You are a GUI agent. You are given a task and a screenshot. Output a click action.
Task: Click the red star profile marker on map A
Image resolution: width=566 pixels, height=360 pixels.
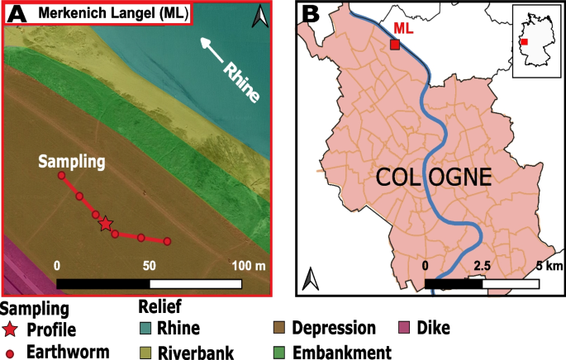click(x=105, y=223)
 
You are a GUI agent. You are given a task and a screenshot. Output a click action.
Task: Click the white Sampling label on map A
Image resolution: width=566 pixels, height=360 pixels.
click(x=71, y=162)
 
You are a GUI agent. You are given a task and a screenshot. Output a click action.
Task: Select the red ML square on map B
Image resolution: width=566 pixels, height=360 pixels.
click(x=394, y=45)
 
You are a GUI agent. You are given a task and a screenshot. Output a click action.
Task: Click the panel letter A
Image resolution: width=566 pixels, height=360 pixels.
click(x=17, y=14)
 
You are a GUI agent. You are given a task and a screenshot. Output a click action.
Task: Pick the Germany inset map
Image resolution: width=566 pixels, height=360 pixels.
click(x=535, y=40)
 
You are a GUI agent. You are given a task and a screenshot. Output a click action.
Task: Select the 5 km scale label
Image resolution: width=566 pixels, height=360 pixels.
click(x=549, y=266)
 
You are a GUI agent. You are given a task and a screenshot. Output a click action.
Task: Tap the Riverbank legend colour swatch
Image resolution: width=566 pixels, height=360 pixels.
click(x=144, y=353)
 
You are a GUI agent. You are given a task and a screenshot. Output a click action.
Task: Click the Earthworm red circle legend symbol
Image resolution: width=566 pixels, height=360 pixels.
click(x=9, y=353)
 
